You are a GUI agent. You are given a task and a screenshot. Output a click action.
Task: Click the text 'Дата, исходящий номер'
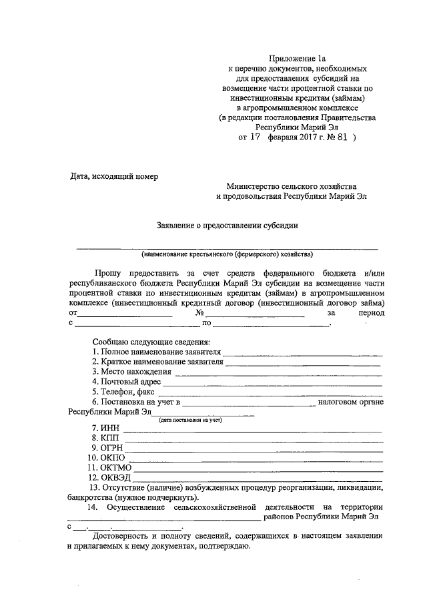[114, 176]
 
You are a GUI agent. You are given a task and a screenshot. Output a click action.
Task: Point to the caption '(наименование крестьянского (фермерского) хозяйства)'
[227, 254]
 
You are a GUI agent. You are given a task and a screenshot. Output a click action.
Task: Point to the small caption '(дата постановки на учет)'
[189, 420]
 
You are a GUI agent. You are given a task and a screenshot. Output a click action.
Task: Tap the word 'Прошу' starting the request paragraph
[108, 274]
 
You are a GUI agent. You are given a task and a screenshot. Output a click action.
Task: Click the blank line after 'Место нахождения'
[278, 374]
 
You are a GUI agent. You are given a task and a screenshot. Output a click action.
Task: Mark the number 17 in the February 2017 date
[255, 139]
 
